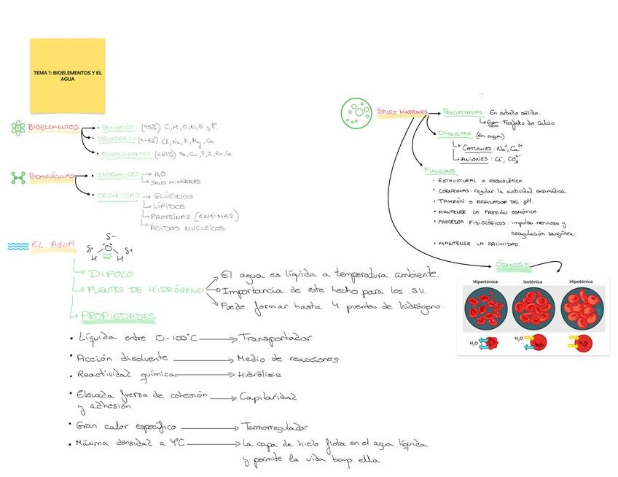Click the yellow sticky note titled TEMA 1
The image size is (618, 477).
(x=67, y=75)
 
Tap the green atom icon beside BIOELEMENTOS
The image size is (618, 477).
(x=18, y=128)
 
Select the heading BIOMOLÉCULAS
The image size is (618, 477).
(x=52, y=177)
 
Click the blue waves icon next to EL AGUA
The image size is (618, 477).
(x=17, y=247)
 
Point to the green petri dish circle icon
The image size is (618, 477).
(x=356, y=112)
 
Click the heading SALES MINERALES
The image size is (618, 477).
(x=402, y=112)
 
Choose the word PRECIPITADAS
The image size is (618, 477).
(x=463, y=112)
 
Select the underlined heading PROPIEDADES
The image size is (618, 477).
(x=118, y=317)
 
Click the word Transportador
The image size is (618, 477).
(x=275, y=338)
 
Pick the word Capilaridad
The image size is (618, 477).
(x=267, y=397)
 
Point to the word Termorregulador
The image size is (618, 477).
(x=275, y=427)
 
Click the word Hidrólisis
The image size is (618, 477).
(x=259, y=375)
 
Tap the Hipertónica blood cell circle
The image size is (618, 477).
(x=485, y=307)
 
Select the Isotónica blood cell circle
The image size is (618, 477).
(x=533, y=307)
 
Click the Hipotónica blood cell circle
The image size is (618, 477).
(x=581, y=307)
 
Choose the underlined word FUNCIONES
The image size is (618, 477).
(x=440, y=171)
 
